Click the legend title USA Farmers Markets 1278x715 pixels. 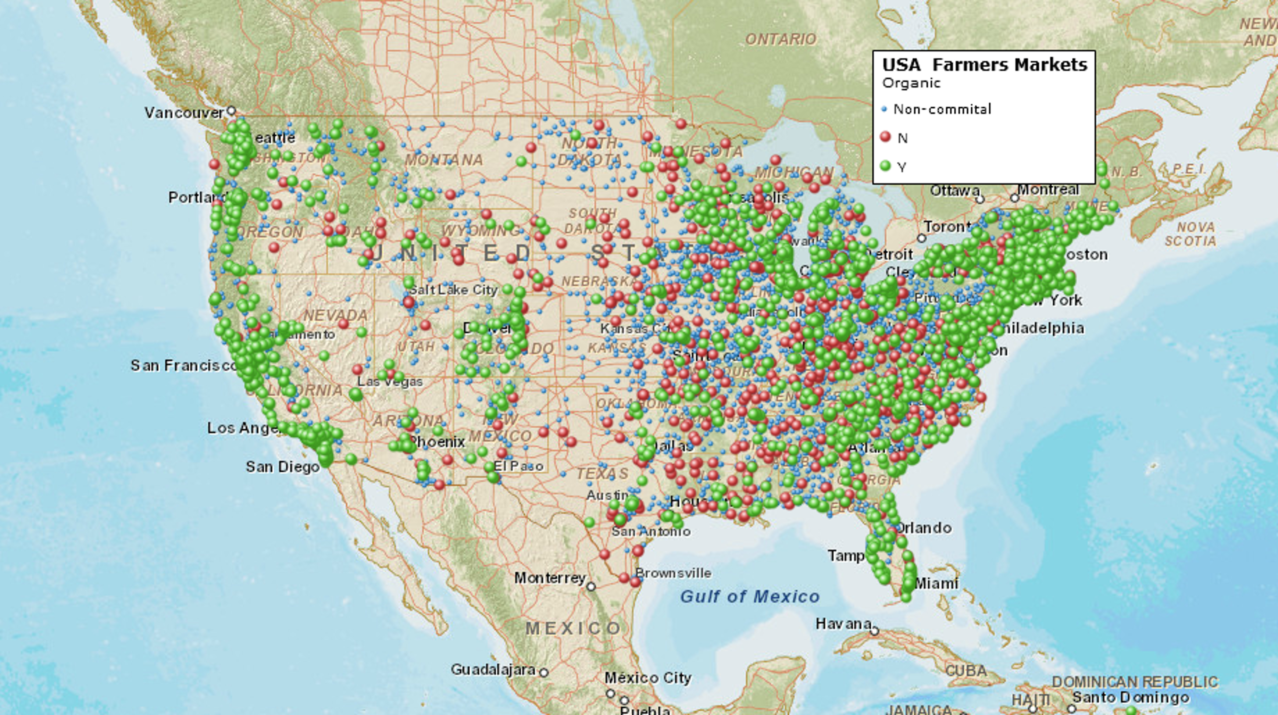984,65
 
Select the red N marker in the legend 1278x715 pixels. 886,137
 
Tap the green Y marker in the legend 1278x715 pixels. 886,166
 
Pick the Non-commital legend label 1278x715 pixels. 941,109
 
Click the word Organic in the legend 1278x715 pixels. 911,83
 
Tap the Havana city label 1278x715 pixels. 843,623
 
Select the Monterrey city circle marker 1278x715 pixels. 591,587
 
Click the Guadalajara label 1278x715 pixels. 493,670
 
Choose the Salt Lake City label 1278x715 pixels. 454,289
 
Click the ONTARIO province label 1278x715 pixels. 780,39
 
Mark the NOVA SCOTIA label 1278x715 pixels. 1190,234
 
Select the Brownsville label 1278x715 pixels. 673,573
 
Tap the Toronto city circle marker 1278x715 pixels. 921,238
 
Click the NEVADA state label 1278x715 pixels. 335,316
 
